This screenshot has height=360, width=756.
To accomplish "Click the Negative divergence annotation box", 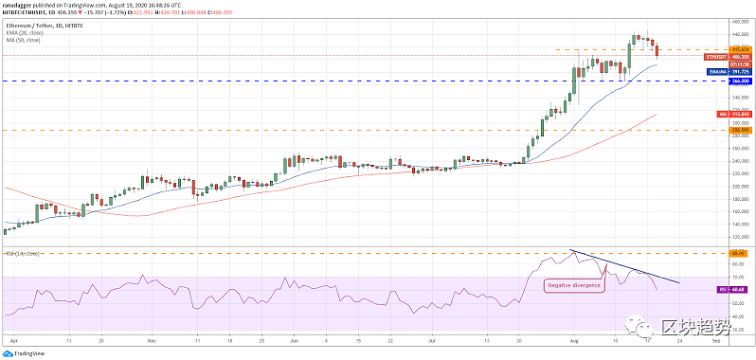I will [x=574, y=284].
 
